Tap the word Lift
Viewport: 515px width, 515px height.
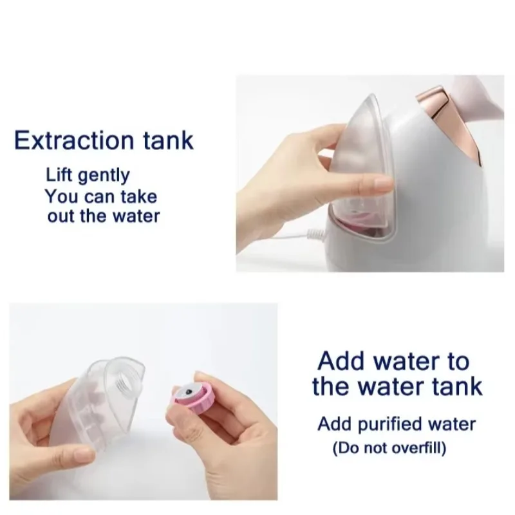point(57,174)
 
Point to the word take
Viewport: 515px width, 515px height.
point(137,195)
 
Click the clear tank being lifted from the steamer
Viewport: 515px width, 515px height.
point(357,154)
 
